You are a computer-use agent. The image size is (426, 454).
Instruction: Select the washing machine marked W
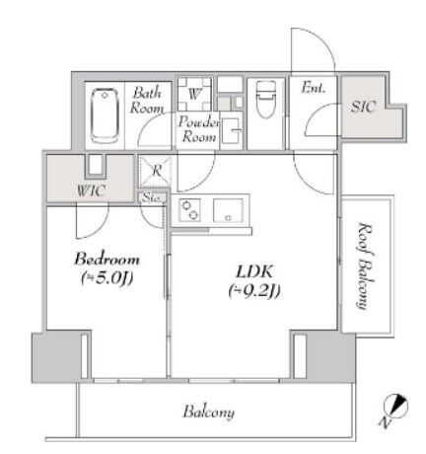point(194,95)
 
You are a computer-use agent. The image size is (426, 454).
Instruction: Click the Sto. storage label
point(153,197)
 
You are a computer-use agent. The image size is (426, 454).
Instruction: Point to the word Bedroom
point(106,260)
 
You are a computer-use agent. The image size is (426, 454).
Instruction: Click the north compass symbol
point(392,407)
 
